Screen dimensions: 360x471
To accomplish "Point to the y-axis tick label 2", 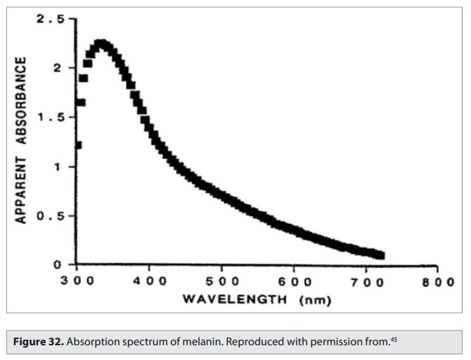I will coord(64,68).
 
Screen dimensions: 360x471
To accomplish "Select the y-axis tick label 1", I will coord(64,167).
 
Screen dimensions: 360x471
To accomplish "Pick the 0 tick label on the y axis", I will coord(64,265).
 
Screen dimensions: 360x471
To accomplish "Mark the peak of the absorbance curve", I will coord(101,44).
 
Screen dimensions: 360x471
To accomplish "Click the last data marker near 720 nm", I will coord(381,255).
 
